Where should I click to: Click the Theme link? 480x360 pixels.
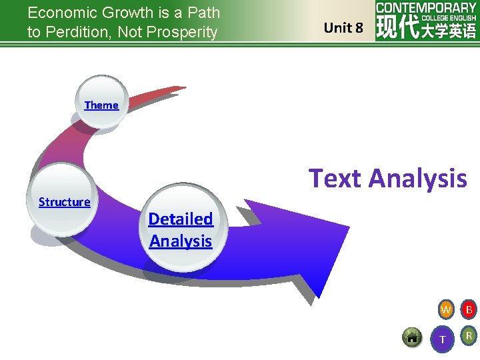click(101, 105)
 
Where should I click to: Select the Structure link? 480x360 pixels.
click(64, 202)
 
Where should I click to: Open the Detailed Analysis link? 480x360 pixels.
click(181, 229)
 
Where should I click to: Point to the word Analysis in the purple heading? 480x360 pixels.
click(417, 179)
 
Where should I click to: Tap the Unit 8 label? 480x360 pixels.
click(343, 28)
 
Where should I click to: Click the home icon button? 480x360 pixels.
click(413, 337)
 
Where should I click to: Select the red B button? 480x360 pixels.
click(469, 309)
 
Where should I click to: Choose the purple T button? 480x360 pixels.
click(443, 340)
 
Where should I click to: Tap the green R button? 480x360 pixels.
click(469, 336)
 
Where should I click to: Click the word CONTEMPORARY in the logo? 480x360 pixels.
click(426, 8)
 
